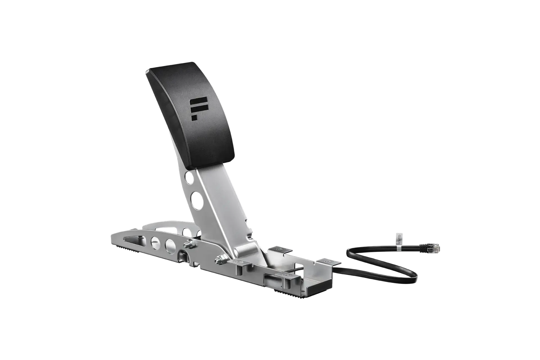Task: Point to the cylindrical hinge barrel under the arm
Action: [246, 251]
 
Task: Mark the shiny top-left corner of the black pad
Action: [147, 72]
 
